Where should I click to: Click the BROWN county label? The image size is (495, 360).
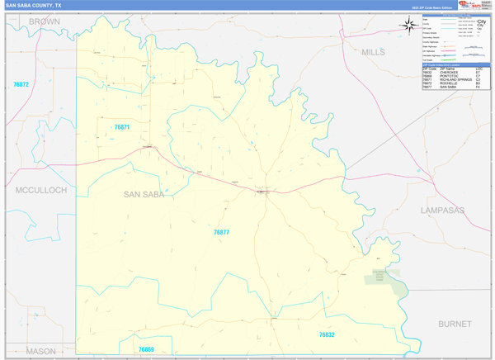point(44,21)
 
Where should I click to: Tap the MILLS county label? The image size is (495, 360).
point(373,52)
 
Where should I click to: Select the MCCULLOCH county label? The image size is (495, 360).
point(40,190)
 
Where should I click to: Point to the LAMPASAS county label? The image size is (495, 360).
point(443,211)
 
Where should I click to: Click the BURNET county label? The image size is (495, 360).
point(455,324)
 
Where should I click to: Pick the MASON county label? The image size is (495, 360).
point(40,351)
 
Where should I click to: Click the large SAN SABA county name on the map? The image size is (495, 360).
point(144,195)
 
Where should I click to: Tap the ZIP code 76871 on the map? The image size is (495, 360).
point(121,127)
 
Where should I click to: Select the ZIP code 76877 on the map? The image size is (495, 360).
point(221,233)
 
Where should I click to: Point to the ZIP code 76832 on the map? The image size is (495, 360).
point(327,334)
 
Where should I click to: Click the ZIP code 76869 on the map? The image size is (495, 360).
point(146,349)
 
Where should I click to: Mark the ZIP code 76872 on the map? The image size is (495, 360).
point(21,85)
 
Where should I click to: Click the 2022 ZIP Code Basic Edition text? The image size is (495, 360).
point(432,7)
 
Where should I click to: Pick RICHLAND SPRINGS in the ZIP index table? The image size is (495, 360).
point(455,79)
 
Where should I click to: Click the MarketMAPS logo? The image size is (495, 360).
point(473,5)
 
